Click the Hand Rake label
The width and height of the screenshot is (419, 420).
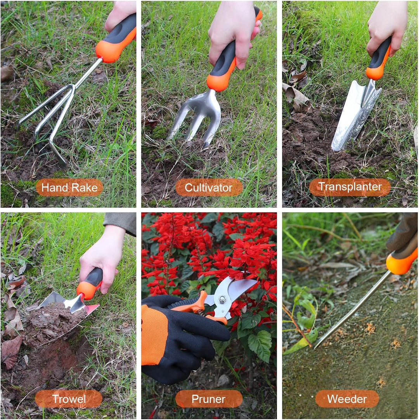tap(69, 187)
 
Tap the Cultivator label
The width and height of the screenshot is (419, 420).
tap(209, 187)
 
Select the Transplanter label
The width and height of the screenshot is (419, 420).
tap(350, 187)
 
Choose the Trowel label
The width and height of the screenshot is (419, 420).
tap(69, 399)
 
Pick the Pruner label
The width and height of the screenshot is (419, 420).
tap(209, 399)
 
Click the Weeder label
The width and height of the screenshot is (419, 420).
tap(347, 399)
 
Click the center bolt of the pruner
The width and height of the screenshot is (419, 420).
tap(222, 299)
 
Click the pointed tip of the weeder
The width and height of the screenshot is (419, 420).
tap(316, 347)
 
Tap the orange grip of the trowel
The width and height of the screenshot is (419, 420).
tap(88, 289)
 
